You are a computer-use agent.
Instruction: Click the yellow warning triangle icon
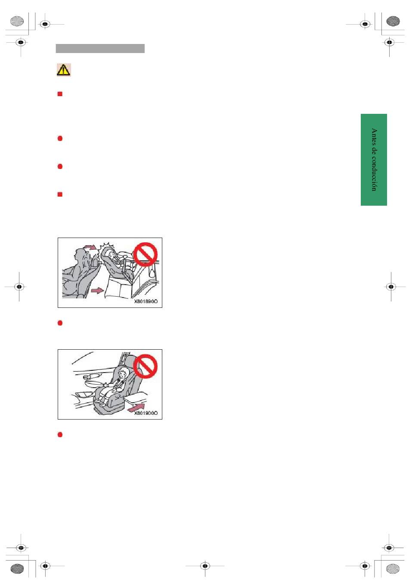tap(63, 70)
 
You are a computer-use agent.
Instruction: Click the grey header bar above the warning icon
tap(100, 48)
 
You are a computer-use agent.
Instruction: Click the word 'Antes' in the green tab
tap(374, 135)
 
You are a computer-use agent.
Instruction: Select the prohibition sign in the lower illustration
tap(145, 366)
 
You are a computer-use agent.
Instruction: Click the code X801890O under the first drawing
tap(146, 301)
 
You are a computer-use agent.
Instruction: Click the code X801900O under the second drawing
tap(146, 413)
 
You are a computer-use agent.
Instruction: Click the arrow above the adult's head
tap(90, 247)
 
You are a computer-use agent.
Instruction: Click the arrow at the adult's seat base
tap(97, 290)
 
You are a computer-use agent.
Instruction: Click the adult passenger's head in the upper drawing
tap(79, 255)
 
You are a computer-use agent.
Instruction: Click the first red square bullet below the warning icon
tap(60, 94)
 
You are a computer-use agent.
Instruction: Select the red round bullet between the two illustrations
tap(60, 323)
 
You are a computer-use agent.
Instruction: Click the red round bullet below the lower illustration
tap(60, 435)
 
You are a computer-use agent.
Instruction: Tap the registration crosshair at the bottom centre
tap(205, 566)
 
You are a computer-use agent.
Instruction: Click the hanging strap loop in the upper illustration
tap(152, 272)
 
